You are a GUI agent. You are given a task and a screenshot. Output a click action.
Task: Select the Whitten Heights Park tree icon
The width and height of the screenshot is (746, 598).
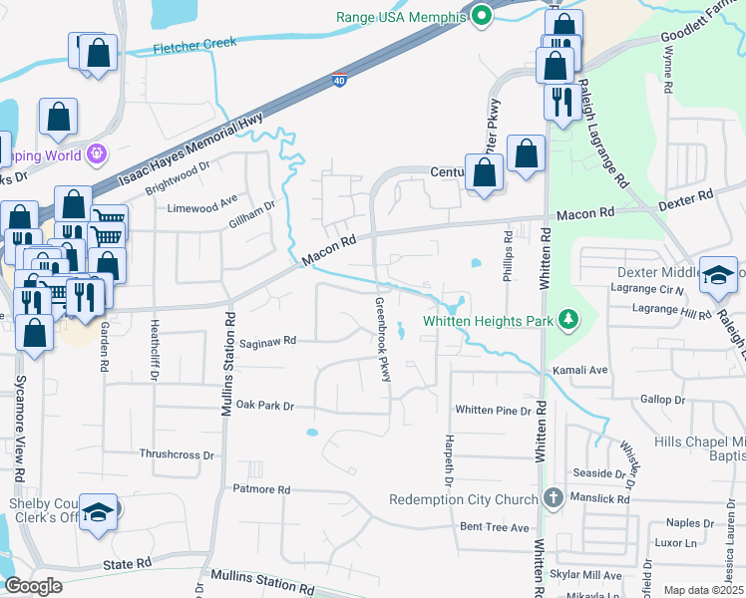[x=569, y=320]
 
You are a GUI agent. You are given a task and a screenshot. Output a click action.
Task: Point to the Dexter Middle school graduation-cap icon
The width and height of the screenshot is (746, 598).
[x=718, y=275]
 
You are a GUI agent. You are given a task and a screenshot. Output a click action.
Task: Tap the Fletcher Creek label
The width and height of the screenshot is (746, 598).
[x=194, y=44]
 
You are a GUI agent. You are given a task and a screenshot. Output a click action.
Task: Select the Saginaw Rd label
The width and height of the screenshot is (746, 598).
[x=268, y=341]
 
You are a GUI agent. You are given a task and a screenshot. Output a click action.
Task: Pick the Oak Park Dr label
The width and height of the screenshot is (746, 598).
[x=266, y=406]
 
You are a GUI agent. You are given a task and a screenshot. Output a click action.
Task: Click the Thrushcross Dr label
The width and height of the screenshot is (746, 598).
[x=178, y=454]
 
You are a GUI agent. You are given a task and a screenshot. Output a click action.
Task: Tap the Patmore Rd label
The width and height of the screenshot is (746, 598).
[x=260, y=490]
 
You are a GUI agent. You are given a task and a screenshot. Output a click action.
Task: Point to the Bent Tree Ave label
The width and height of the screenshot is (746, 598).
[x=494, y=526]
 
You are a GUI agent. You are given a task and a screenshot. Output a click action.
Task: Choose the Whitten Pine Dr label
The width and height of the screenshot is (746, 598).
[x=493, y=411]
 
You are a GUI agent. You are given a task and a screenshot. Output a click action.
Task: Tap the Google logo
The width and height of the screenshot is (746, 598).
[x=33, y=586]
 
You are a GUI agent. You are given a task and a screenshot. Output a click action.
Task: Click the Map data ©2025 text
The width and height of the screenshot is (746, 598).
[x=703, y=590]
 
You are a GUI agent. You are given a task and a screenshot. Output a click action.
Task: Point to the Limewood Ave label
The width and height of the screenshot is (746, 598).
[x=202, y=208]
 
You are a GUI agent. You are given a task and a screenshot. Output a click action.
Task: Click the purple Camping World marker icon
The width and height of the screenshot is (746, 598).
[x=97, y=154]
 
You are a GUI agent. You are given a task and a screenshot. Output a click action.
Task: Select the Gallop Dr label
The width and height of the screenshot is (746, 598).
[x=662, y=400]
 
